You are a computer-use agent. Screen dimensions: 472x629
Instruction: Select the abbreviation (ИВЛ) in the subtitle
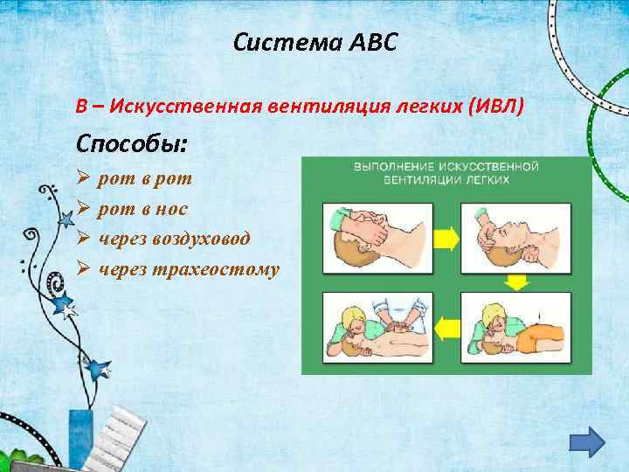(497, 107)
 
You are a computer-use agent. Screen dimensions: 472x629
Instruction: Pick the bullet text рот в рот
(146, 179)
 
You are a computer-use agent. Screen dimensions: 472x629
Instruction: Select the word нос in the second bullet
(171, 209)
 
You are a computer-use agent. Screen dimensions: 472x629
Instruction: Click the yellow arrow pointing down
(517, 281)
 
